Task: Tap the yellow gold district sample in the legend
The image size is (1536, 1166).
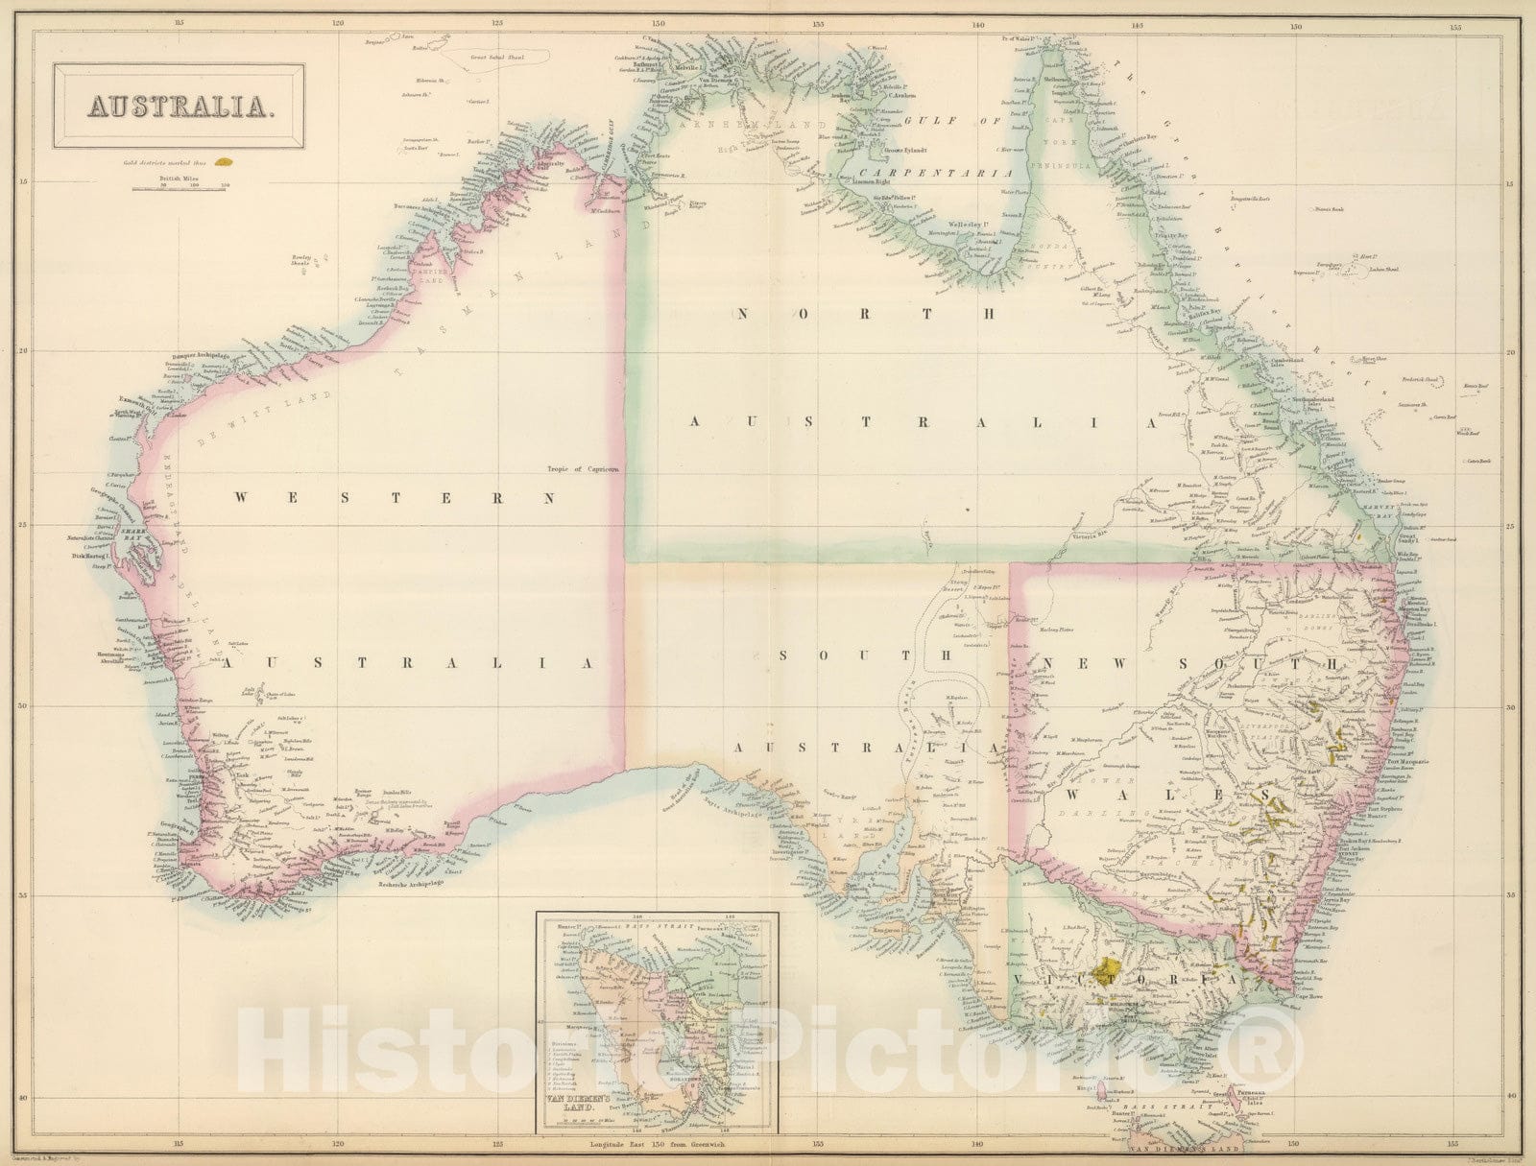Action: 225,164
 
